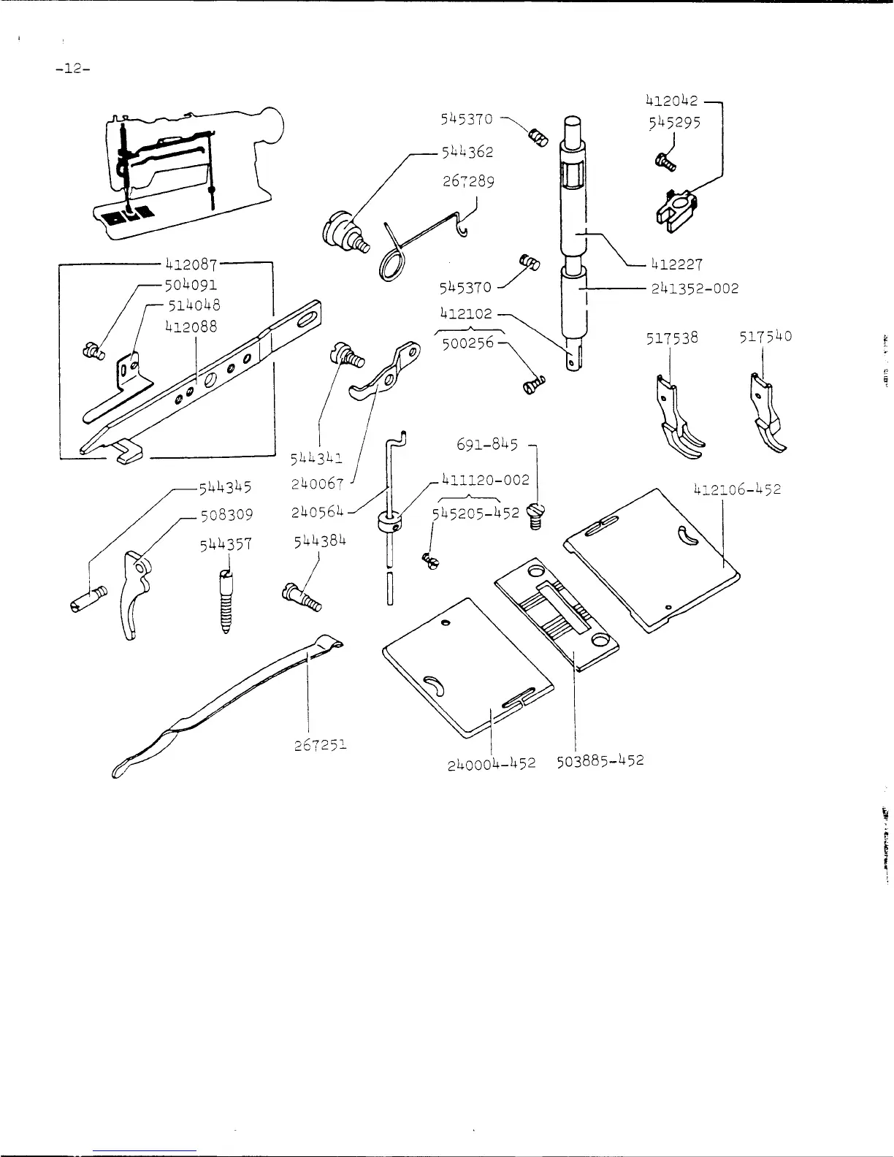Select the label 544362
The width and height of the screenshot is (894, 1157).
(x=467, y=152)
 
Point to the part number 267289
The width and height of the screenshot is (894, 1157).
(x=468, y=180)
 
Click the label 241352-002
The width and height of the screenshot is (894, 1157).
(x=695, y=289)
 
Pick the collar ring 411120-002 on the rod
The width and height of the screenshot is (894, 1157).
(x=388, y=522)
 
